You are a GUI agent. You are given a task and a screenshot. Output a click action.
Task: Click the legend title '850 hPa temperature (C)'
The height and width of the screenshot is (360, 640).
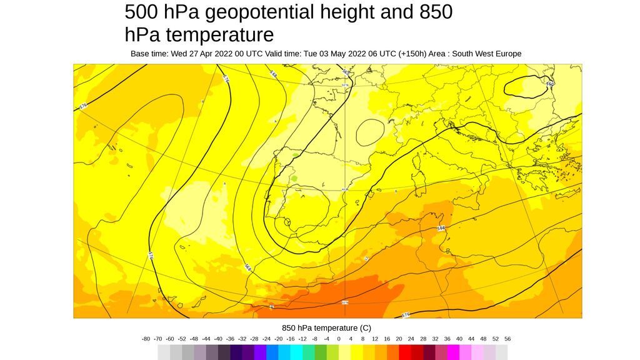click(326, 327)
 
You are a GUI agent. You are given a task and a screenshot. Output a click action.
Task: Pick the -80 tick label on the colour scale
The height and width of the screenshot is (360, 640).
click(146, 339)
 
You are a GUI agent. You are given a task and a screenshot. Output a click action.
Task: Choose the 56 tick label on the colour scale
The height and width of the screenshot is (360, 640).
click(507, 339)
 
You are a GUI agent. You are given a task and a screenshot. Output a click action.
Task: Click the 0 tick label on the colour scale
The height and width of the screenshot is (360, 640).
click(339, 339)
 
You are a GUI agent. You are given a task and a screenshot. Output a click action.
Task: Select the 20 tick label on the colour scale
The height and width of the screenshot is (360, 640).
click(399, 339)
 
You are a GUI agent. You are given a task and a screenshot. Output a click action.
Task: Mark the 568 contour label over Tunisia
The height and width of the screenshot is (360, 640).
click(441, 229)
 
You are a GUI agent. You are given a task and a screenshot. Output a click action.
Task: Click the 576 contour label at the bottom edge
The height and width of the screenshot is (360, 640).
click(406, 315)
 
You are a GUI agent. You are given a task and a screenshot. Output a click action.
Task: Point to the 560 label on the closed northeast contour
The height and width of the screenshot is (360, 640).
click(550, 84)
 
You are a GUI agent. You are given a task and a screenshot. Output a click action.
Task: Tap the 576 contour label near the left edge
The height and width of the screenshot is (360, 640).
click(84, 107)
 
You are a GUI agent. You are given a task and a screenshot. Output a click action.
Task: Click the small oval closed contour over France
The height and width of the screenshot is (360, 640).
click(369, 131)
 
